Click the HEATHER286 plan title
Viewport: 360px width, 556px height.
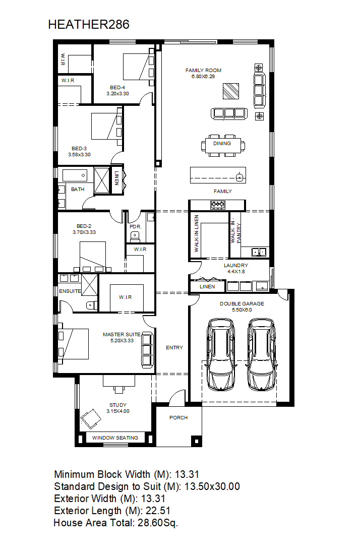(89, 25)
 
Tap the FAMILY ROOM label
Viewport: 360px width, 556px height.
(203, 70)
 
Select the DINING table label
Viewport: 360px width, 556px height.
(222, 144)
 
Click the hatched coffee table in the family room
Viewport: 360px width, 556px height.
(230, 91)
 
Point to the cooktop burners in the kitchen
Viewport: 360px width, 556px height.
(217, 204)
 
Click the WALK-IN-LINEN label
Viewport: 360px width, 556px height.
(197, 233)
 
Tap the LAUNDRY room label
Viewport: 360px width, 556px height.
(236, 265)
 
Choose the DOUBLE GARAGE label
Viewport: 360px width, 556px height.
(242, 303)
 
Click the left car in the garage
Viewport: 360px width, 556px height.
(221, 354)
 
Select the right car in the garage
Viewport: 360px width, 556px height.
(262, 354)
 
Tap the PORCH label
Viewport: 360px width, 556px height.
(178, 418)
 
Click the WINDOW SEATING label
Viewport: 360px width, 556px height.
(115, 438)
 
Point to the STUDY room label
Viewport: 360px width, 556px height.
(118, 405)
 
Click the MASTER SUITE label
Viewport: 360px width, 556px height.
(122, 334)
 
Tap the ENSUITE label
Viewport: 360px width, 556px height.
(70, 291)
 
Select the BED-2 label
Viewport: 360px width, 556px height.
(84, 226)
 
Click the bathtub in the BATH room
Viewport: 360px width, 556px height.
(75, 175)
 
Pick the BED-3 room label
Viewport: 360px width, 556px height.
(79, 149)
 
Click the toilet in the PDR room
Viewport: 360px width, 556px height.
(135, 235)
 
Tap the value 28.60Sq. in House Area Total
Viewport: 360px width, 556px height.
(158, 523)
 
